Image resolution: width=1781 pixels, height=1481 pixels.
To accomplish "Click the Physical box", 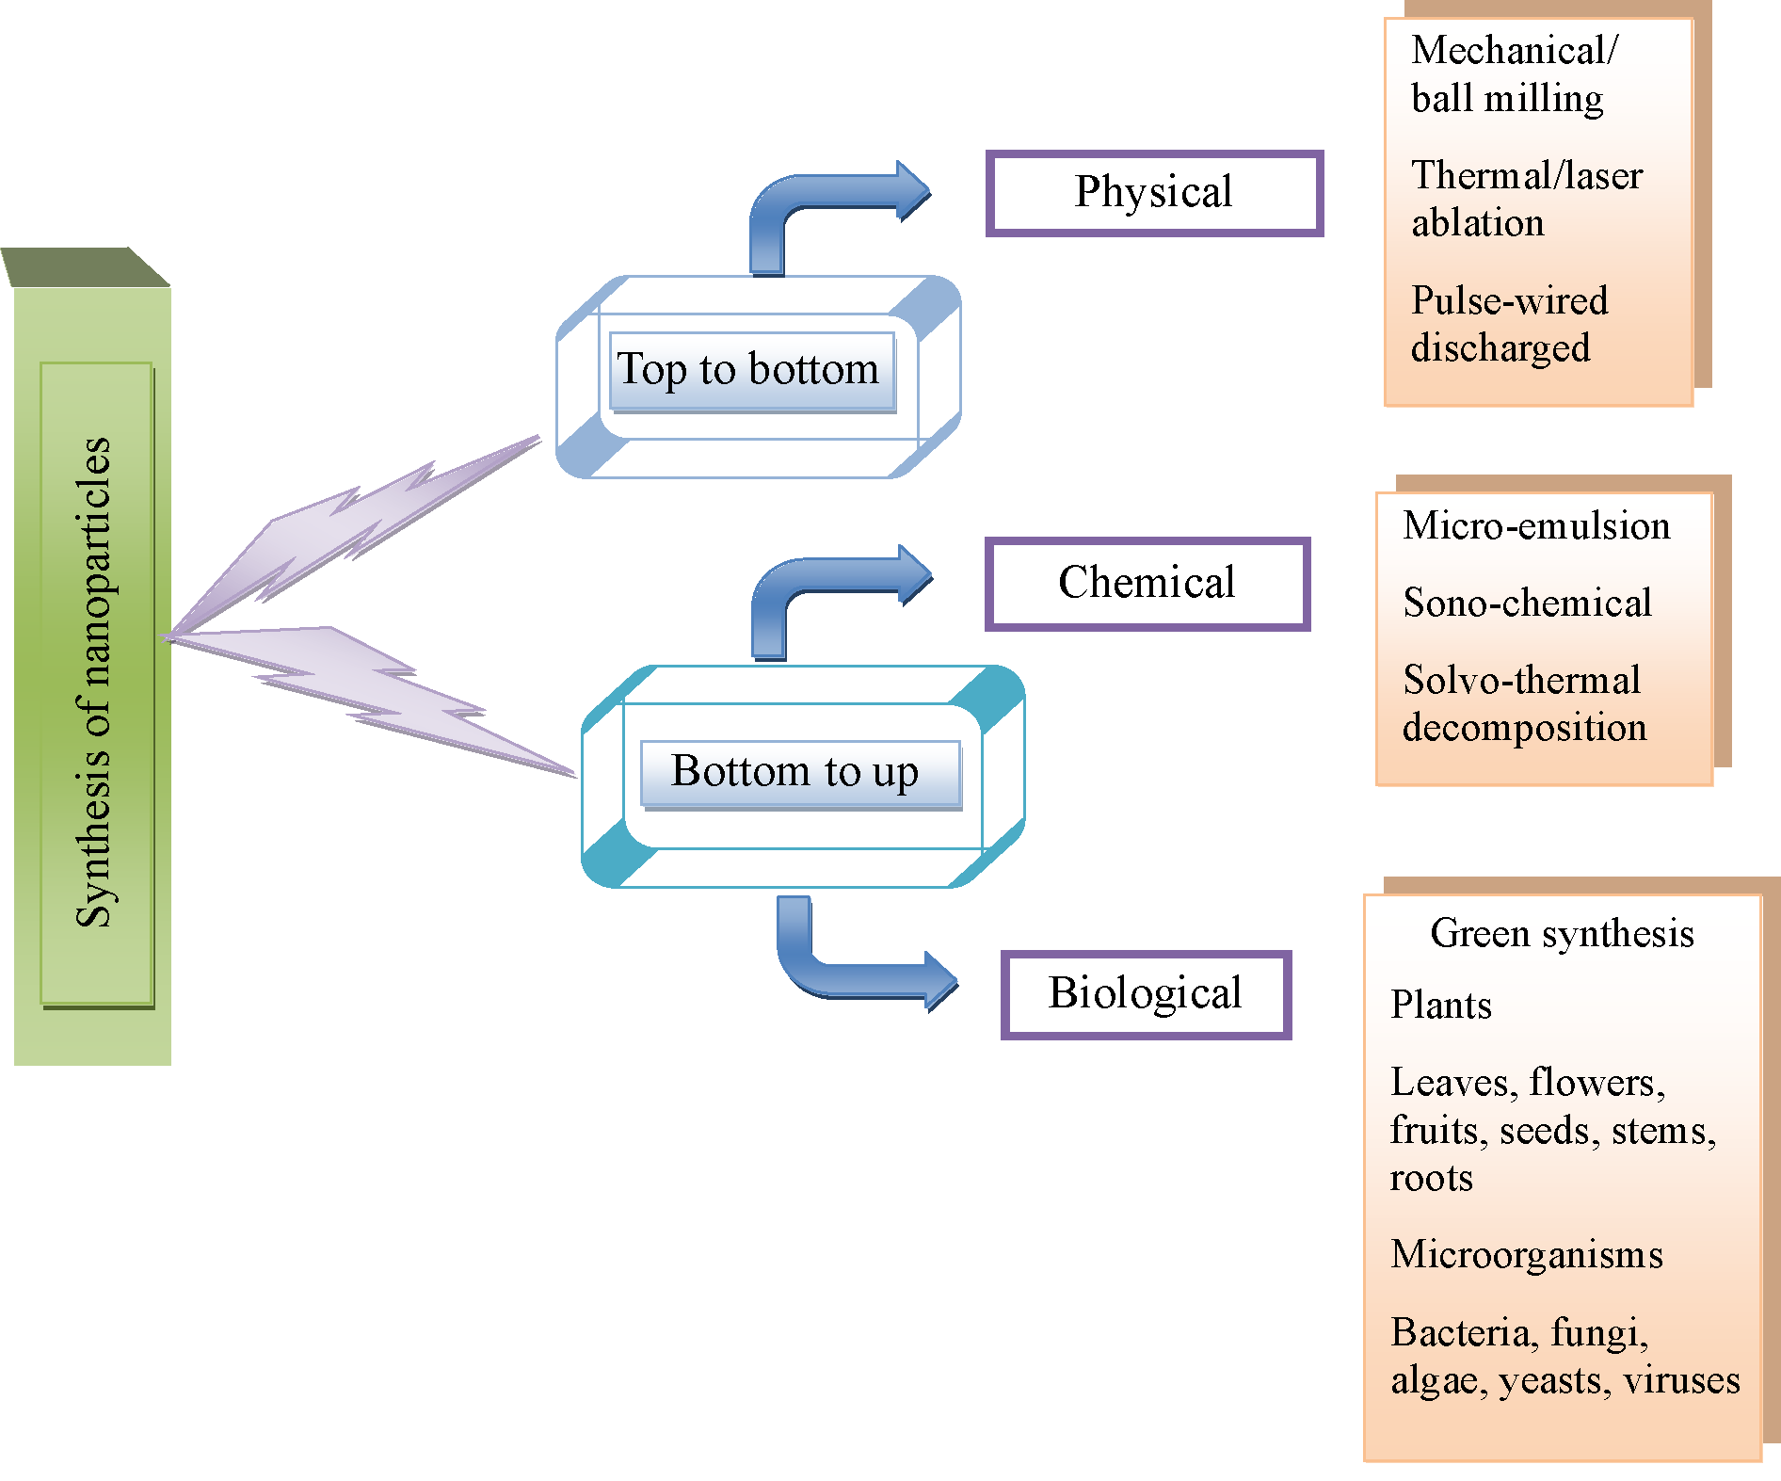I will pyautogui.click(x=1154, y=193).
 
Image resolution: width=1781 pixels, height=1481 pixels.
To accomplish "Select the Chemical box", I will pyautogui.click(x=1147, y=583).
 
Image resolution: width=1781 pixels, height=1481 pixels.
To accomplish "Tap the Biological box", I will pyautogui.click(x=1145, y=994).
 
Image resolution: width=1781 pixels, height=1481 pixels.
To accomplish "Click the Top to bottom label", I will pyautogui.click(x=749, y=370).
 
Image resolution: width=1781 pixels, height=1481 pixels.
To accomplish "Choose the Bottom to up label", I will pyautogui.click(x=796, y=772).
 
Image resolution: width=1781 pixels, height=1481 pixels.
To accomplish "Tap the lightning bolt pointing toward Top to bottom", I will pyautogui.click(x=358, y=527).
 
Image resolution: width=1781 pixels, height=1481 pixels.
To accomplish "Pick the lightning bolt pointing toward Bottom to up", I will pyautogui.click(x=377, y=697).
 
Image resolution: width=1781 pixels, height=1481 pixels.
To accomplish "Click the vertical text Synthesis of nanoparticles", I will pyautogui.click(x=94, y=683).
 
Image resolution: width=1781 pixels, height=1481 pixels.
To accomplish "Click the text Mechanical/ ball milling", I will pyautogui.click(x=1513, y=74).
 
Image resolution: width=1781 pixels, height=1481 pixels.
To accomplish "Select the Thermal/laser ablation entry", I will pyautogui.click(x=1526, y=199).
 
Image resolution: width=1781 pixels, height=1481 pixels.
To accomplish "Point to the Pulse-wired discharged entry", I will pyautogui.click(x=1509, y=324).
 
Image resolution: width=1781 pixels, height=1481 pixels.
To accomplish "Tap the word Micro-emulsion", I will pyautogui.click(x=1536, y=526).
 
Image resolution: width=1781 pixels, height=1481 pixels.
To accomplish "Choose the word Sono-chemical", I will pyautogui.click(x=1527, y=604).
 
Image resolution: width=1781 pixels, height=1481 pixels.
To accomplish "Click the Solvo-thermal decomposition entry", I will pyautogui.click(x=1524, y=703).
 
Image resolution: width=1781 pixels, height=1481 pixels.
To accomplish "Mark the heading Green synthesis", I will pyautogui.click(x=1562, y=934).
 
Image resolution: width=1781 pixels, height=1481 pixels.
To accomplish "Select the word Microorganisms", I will pyautogui.click(x=1527, y=1255).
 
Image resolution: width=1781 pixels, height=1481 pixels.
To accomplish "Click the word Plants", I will pyautogui.click(x=1441, y=1006).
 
